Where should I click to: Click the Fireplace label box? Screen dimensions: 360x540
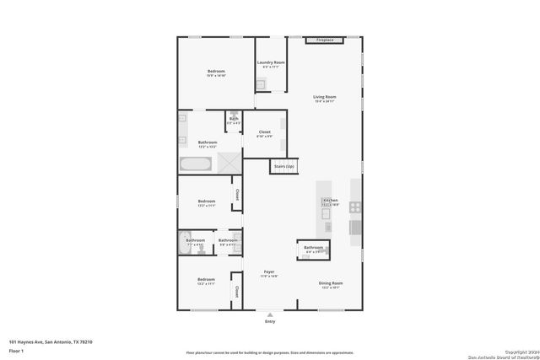tap(324, 40)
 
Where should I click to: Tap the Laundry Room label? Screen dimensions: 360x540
tap(271, 63)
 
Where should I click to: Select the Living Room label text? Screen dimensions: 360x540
tap(325, 98)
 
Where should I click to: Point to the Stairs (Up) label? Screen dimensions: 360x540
tap(284, 167)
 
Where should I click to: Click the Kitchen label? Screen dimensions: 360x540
tap(330, 201)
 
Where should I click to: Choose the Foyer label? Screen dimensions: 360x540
tap(269, 272)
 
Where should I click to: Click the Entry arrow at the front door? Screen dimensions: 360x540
tap(270, 313)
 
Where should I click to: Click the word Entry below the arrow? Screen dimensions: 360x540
tap(270, 321)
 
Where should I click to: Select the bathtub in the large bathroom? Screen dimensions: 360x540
tap(196, 163)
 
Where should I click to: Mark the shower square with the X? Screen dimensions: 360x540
tap(229, 163)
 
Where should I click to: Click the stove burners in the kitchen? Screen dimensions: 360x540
tap(355, 207)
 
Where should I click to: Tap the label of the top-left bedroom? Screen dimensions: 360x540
tap(216, 73)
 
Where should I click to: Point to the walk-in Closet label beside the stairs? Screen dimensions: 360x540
tap(264, 132)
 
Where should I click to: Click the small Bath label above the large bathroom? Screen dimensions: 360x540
tap(233, 120)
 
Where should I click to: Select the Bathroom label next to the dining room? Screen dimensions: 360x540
tap(313, 248)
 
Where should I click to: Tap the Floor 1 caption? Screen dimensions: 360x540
tap(16, 350)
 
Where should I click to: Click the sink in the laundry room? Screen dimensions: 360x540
tap(262, 83)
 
